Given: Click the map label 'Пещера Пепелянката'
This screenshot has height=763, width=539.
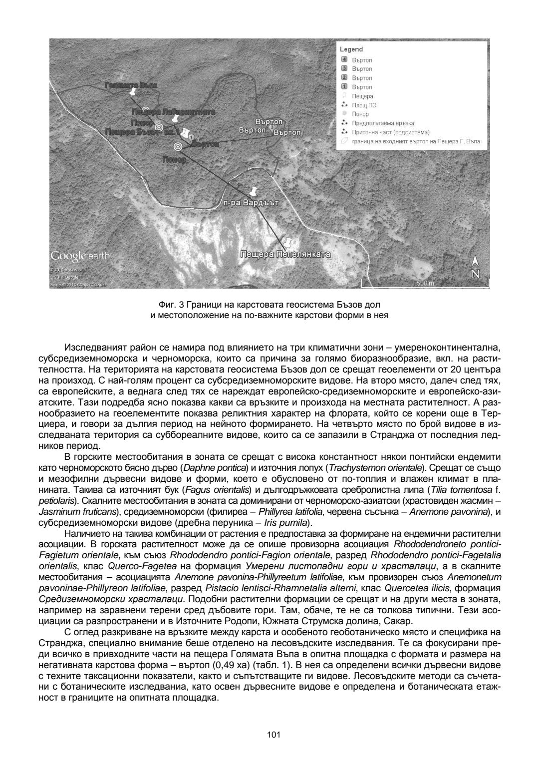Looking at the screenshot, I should [x=285, y=255].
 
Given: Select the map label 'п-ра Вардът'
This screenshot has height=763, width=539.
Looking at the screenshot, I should [x=251, y=203].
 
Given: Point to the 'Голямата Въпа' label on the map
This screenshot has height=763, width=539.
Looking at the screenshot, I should [x=131, y=85].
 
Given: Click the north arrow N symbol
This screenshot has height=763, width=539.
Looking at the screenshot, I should [x=476, y=268].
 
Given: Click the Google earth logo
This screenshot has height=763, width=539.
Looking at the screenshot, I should [x=80, y=256].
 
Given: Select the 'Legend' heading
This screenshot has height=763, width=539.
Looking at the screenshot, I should [x=351, y=49].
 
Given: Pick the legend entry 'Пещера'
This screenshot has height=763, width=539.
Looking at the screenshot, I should [x=362, y=96].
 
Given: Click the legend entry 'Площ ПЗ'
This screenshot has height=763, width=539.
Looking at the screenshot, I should [x=364, y=105].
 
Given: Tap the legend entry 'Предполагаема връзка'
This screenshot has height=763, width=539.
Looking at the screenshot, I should [x=383, y=123].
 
